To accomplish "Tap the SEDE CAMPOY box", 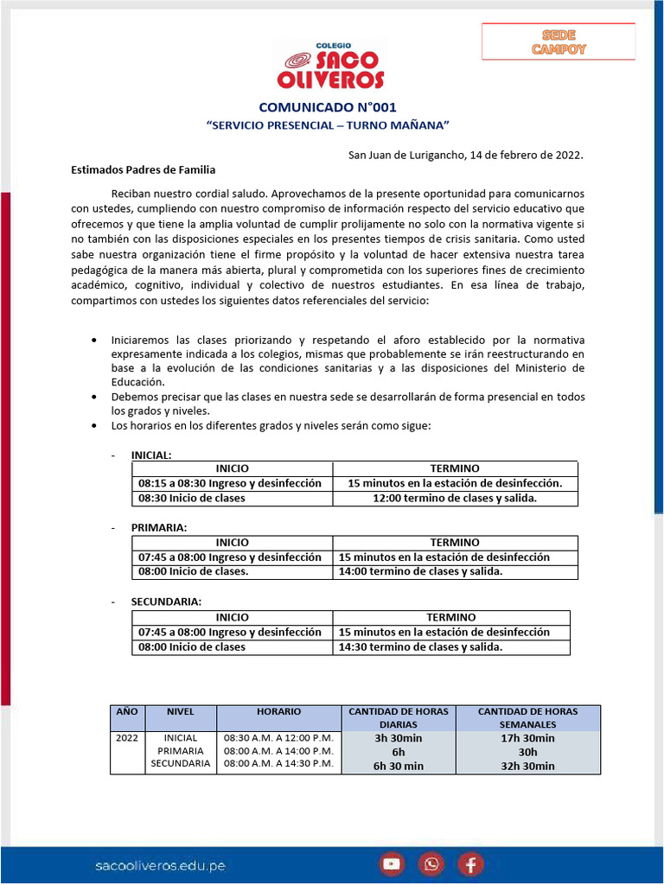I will coord(559,42).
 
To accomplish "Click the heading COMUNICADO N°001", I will coord(328,108).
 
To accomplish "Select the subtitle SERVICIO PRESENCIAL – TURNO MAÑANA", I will coord(328,125).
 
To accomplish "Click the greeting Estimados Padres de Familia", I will coord(143,170).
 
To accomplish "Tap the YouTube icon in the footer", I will coord(392,863).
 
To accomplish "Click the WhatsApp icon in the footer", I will coord(431,863).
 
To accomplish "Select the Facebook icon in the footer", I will coord(470,863).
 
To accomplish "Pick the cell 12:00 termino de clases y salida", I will coord(455,498).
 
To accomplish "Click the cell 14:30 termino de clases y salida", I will coord(420,646).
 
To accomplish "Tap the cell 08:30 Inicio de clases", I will coord(192,498).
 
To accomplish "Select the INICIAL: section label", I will coord(151,455).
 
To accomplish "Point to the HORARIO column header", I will coord(278,711).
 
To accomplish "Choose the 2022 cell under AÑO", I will coord(126,738).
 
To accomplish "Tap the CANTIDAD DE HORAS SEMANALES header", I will coord(516,717).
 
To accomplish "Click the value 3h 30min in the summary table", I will coord(398,738).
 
